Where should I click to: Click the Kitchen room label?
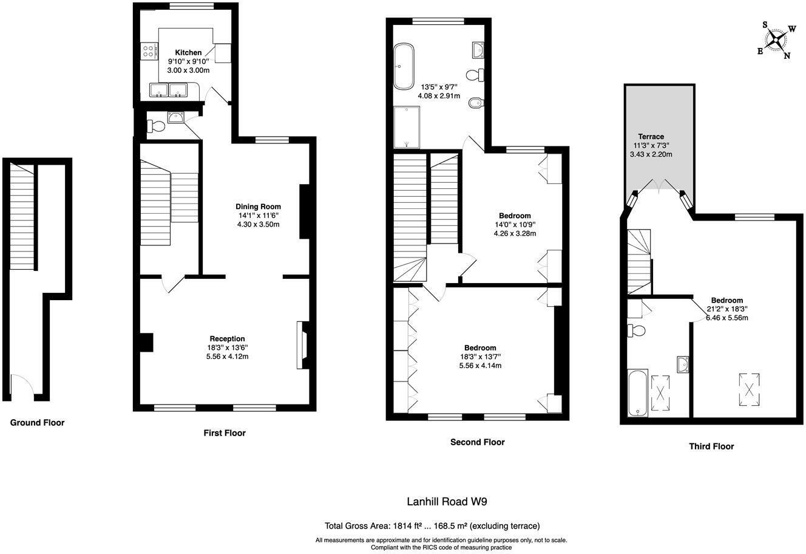(188, 53)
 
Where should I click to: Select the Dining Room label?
(258, 207)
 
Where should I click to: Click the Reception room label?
(227, 338)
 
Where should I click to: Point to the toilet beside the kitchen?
(156, 126)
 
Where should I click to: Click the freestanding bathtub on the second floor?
(404, 66)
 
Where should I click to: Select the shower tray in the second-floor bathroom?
(407, 127)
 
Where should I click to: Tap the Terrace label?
(651, 137)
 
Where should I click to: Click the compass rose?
(776, 40)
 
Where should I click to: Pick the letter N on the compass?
(787, 55)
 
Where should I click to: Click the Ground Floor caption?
(37, 423)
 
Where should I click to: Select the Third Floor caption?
(711, 446)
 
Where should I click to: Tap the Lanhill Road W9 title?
(447, 501)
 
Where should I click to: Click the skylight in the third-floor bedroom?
(749, 389)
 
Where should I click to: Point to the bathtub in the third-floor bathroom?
(638, 392)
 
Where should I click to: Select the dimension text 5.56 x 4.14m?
(480, 365)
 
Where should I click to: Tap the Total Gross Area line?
(432, 526)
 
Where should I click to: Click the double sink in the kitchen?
(168, 90)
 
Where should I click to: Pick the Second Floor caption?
(478, 442)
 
